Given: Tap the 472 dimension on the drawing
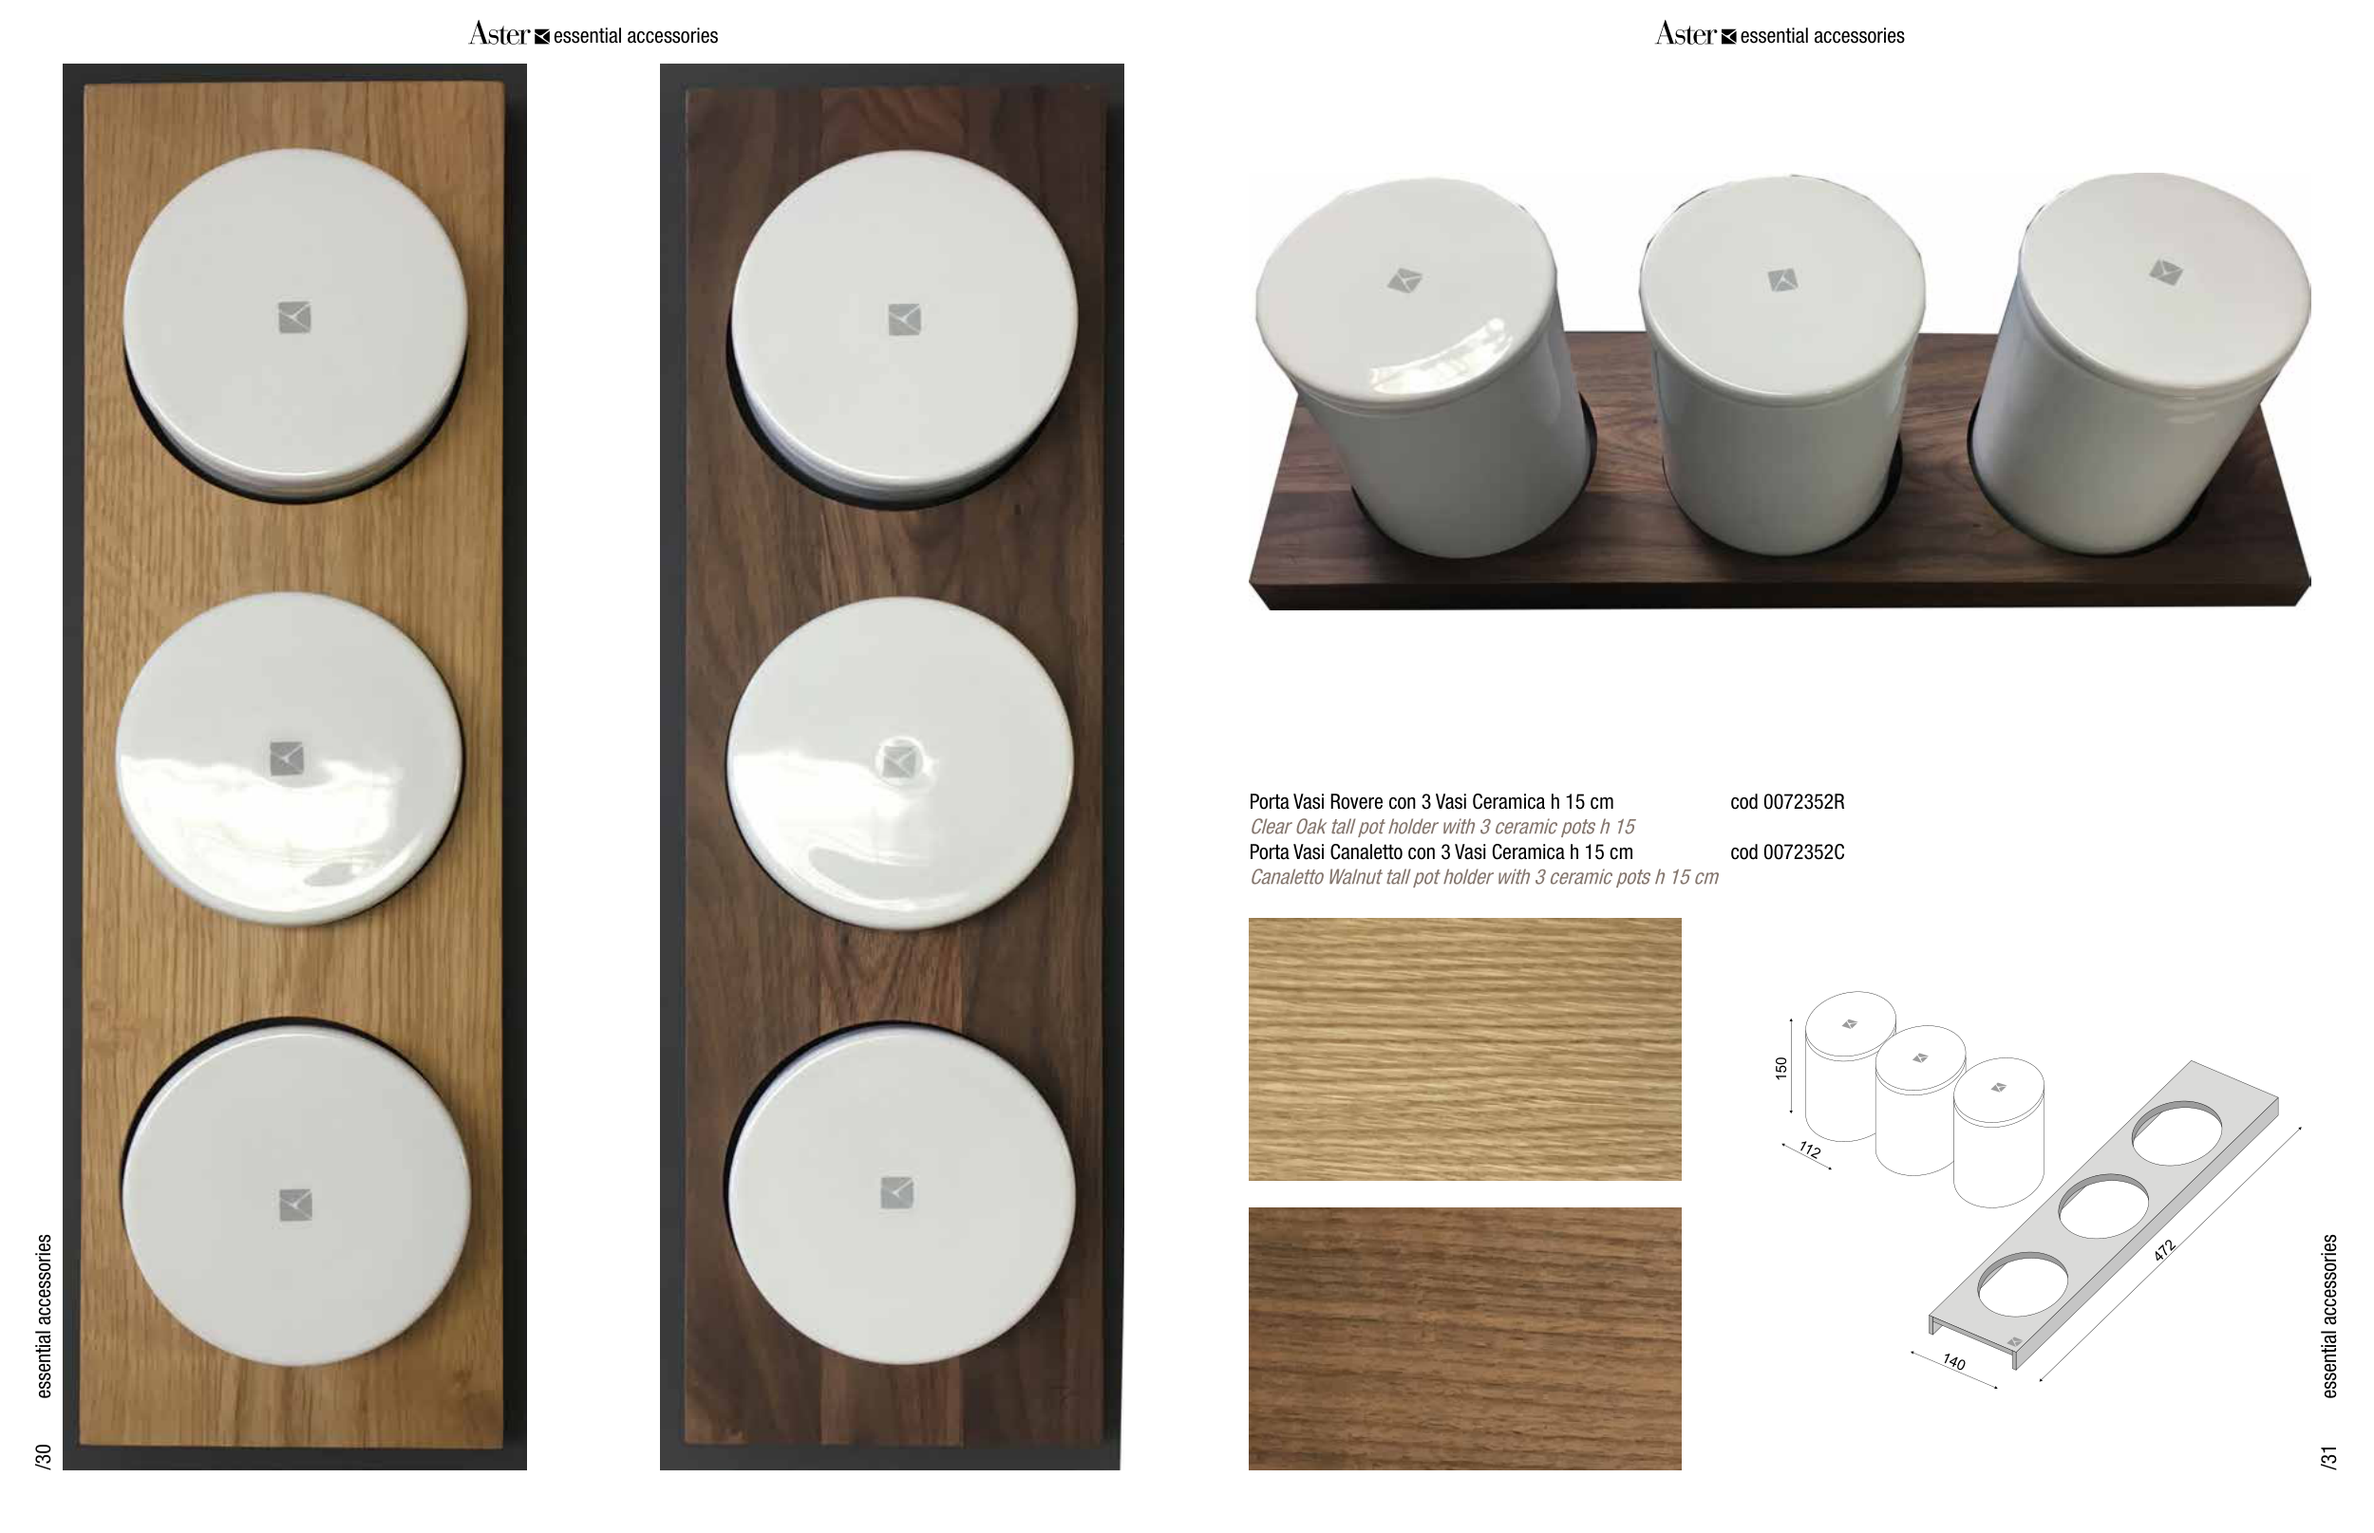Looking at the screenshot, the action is tap(2164, 1251).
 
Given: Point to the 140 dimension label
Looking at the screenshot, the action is tap(1953, 1362).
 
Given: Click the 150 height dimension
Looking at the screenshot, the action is tap(1781, 1068).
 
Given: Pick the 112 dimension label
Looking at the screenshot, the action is tap(1809, 1150).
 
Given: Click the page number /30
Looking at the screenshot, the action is tap(43, 1456).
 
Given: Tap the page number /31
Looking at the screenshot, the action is tap(2328, 1456).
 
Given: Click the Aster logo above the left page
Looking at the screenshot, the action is tap(499, 35).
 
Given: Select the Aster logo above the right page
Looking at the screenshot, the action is tap(1686, 35).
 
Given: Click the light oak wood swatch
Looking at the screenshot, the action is tap(1465, 1049).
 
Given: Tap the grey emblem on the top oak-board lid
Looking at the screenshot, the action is tap(294, 318).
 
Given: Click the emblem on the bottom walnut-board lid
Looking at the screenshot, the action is tap(897, 1192).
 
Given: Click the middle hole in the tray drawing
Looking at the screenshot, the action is tap(2103, 1206).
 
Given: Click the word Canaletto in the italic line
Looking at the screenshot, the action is tap(1286, 877).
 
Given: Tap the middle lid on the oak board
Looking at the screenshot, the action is tap(289, 758).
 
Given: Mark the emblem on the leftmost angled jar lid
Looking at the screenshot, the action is tap(1404, 281).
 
